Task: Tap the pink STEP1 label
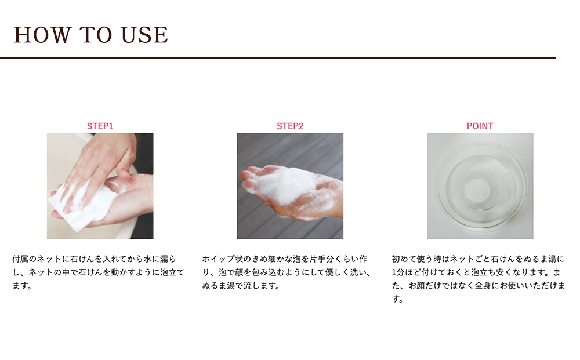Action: pyautogui.click(x=100, y=126)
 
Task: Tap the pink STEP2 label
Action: pyautogui.click(x=290, y=126)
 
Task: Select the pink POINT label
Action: pyautogui.click(x=480, y=126)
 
